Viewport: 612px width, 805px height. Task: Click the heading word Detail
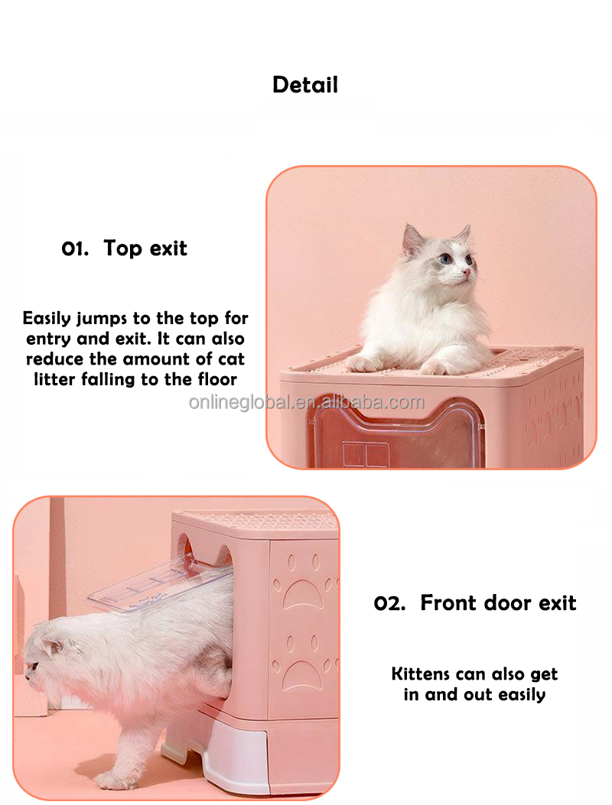[305, 85]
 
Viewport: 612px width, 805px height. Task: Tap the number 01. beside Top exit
[75, 249]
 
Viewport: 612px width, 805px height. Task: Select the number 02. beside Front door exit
[389, 603]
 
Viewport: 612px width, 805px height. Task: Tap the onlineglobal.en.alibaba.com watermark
[307, 402]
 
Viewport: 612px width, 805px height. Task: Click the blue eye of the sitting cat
[444, 258]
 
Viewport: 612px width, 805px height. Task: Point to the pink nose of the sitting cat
[467, 271]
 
